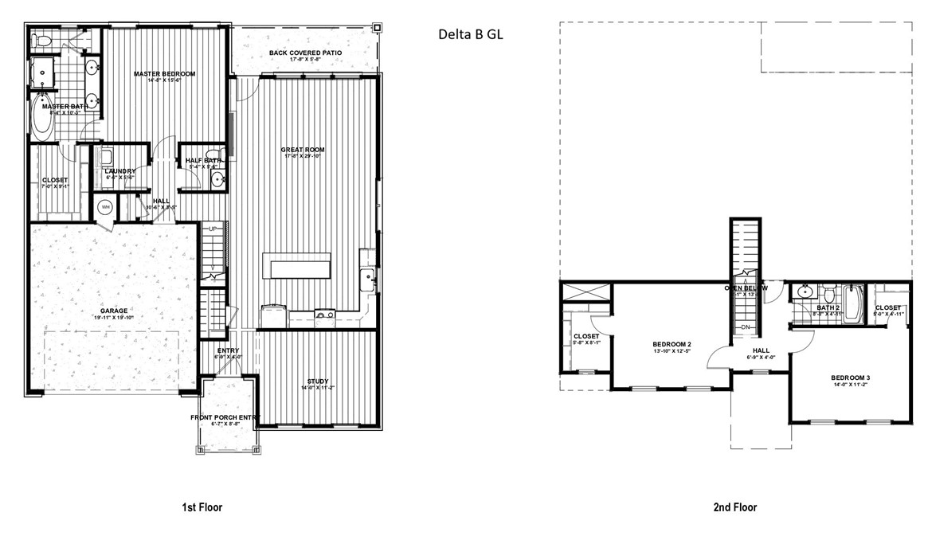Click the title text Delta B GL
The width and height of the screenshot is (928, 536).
pos(471,35)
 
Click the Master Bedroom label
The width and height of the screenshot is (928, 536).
pos(164,74)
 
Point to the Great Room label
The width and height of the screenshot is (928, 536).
pos(303,150)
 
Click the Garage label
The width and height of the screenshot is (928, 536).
pos(114,311)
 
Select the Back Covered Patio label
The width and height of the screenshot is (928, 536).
pos(305,53)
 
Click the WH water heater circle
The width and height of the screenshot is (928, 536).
pos(105,207)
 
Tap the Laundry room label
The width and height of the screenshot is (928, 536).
pos(119,170)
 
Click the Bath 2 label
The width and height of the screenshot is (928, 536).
pos(828,307)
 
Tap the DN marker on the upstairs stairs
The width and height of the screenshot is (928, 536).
pos(746,327)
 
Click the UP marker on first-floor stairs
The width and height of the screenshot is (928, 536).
pos(212,229)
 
